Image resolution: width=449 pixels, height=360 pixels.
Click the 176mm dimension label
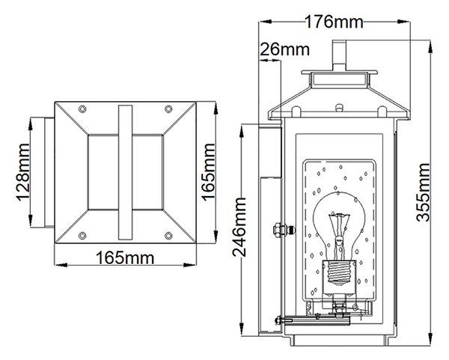[x=334, y=22]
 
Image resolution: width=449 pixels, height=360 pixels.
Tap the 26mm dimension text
[x=284, y=49]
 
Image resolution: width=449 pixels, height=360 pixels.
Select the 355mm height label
[x=423, y=192]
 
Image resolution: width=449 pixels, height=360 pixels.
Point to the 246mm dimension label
[x=239, y=227]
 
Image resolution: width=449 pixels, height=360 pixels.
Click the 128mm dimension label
[x=22, y=172]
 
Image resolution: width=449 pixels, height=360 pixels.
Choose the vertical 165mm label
[x=208, y=172]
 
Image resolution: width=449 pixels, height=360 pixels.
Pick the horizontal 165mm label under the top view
[x=125, y=257]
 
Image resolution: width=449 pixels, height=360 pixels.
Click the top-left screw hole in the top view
[x=82, y=109]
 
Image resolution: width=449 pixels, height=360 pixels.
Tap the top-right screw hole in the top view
[x=168, y=109]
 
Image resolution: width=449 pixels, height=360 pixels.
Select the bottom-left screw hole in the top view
[x=82, y=236]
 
